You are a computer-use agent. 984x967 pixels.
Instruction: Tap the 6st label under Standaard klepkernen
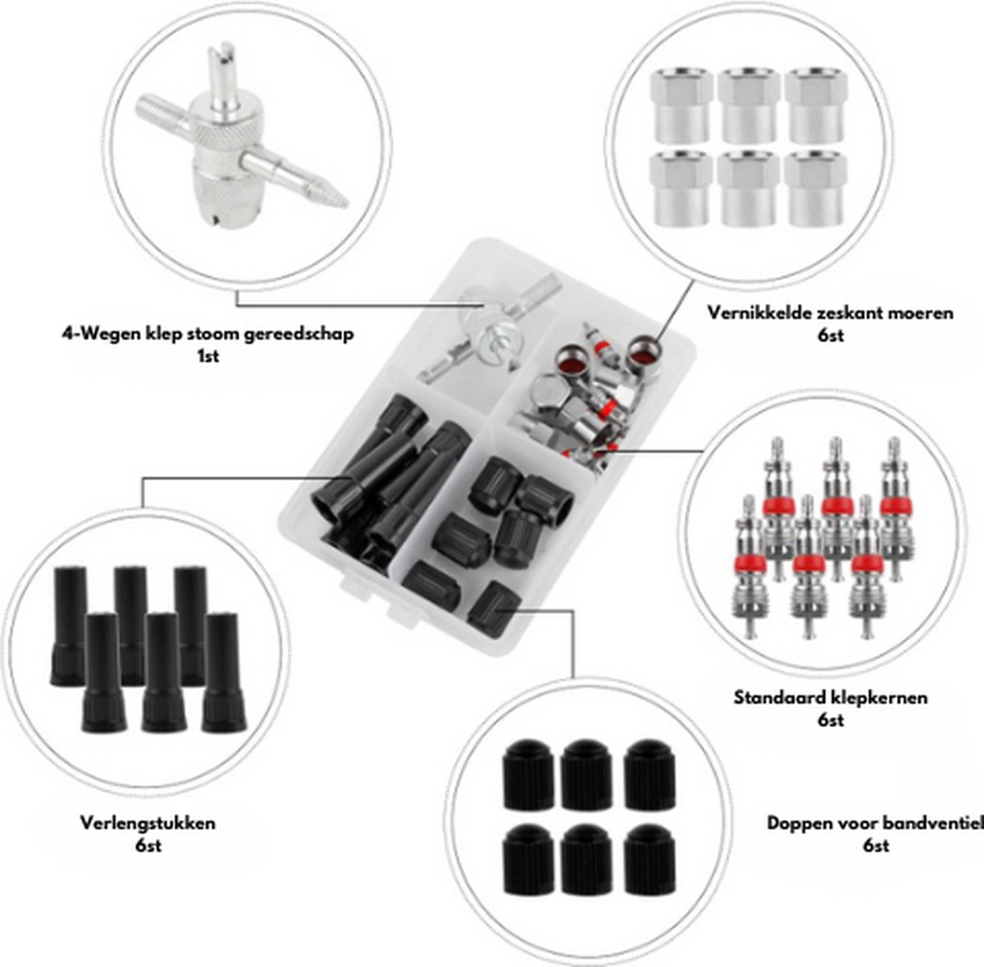coord(831,721)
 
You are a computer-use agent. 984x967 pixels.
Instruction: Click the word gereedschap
coord(310,335)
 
